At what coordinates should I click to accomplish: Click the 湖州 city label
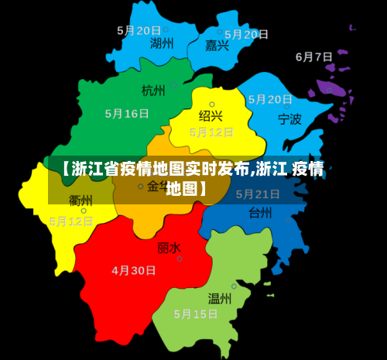point(162,43)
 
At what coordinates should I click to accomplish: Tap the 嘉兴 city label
point(217,46)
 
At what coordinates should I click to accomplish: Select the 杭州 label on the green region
point(153,91)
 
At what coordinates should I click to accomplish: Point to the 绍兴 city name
point(211,116)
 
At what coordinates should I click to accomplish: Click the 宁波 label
point(290,119)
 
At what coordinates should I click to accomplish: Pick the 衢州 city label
point(80,201)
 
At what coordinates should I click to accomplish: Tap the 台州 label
point(260,212)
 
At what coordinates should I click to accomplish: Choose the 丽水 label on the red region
point(169,248)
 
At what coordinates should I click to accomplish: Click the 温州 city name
point(220,297)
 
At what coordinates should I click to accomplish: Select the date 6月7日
point(314,57)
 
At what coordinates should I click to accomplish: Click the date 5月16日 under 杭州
point(127,113)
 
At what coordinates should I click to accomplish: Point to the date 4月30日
point(134,271)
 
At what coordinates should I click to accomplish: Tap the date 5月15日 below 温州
point(196,314)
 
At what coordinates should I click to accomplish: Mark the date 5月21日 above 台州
point(258,194)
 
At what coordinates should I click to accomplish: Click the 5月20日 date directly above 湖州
point(139,30)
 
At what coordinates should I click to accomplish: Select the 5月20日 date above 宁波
point(270,99)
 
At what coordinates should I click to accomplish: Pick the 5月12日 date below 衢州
point(71,221)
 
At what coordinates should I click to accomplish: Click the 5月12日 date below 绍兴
point(212,132)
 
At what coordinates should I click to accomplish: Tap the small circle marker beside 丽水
point(180,259)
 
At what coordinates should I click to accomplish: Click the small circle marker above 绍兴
point(212,103)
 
